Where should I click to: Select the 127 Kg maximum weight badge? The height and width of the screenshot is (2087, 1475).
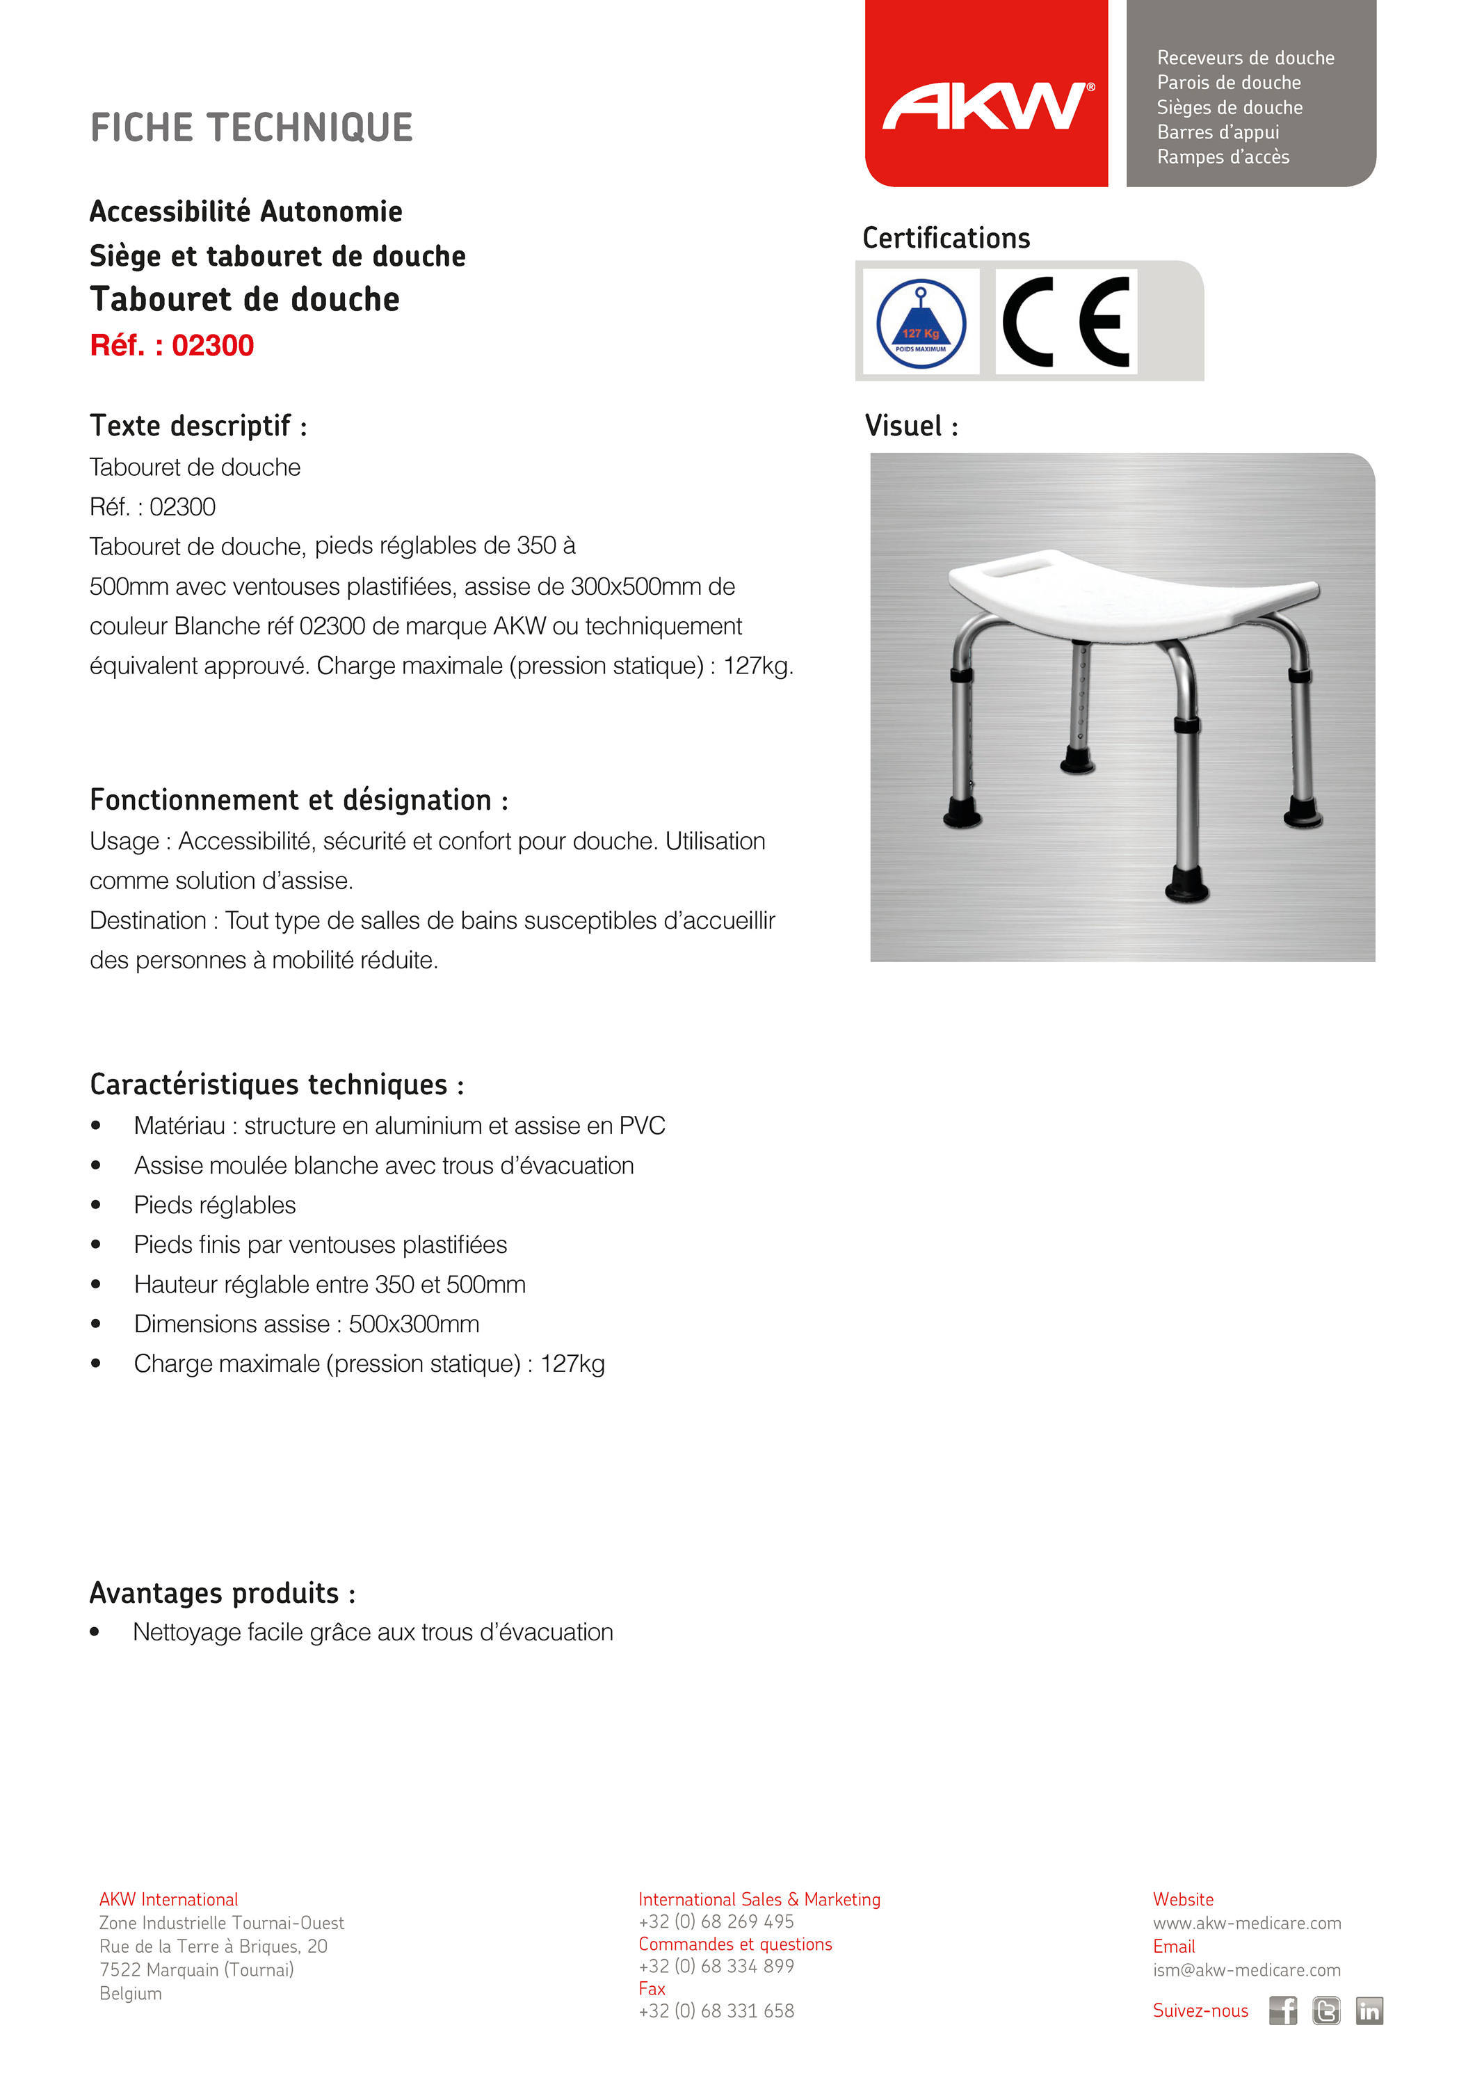921,323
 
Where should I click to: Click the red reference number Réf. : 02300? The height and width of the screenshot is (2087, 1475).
172,346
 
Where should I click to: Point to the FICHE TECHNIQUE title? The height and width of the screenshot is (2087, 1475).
252,128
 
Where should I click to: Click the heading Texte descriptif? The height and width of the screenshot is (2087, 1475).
198,425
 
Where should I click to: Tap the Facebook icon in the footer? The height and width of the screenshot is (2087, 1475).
1282,2010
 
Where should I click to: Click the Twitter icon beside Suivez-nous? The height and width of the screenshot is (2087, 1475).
1326,2010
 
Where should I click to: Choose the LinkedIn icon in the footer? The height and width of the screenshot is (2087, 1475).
1369,2010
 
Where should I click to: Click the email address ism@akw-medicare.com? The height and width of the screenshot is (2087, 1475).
1246,1969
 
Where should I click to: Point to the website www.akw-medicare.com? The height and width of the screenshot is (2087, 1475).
1246,1923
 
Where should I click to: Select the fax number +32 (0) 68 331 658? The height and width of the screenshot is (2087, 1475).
716,2010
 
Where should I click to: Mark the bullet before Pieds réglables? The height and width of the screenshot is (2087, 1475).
95,1206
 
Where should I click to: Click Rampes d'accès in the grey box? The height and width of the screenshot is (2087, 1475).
1223,157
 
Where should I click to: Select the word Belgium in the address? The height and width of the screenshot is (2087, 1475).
130,1993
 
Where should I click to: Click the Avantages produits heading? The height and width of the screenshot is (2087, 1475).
222,1594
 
